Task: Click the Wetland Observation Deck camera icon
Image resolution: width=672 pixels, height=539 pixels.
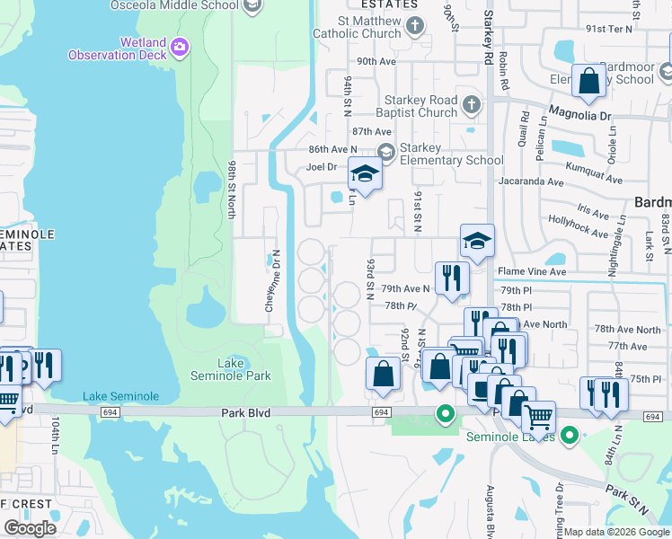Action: coord(180,47)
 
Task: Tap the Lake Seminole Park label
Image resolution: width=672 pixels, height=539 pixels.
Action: coord(232,368)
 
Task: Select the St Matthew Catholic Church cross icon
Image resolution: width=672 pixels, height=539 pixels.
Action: coord(415,26)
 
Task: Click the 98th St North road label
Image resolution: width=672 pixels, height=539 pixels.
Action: coord(231,190)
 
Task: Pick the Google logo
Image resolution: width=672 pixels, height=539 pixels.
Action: coord(31,527)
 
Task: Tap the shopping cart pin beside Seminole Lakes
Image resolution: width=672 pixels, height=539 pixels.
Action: coord(538,418)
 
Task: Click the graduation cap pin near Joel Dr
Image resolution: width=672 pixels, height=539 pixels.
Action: coord(365,173)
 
